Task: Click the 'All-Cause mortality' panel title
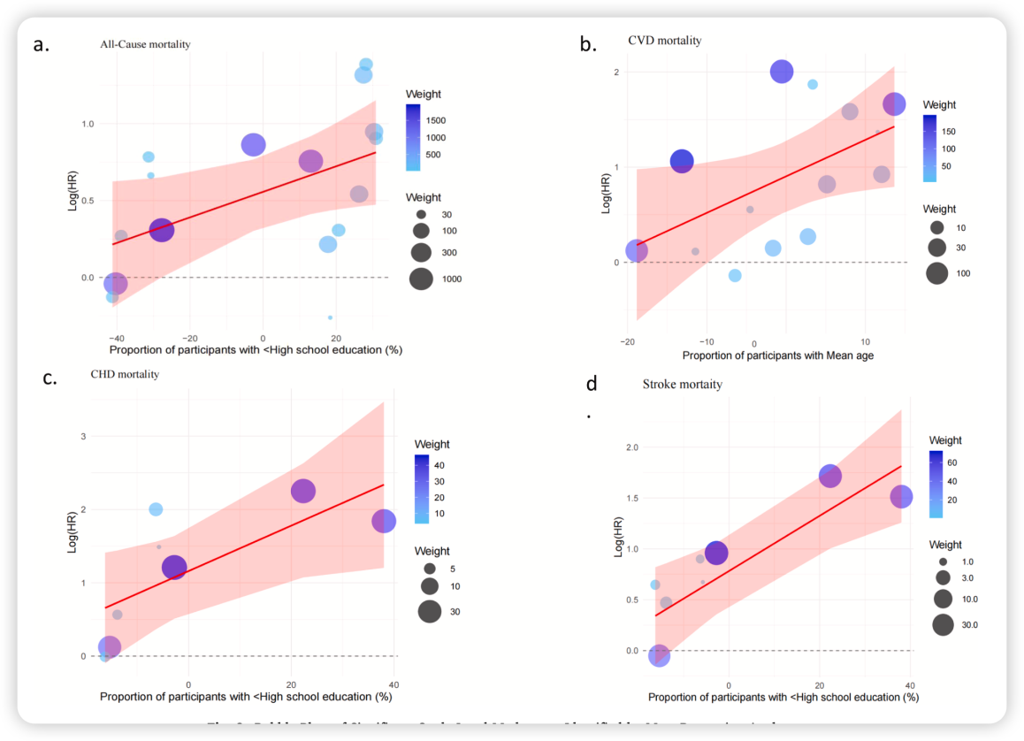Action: (145, 44)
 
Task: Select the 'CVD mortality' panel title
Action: (664, 40)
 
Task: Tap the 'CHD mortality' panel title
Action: (125, 374)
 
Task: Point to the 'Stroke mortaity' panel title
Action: (682, 384)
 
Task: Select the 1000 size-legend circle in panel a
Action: (421, 279)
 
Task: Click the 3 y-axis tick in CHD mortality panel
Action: (83, 436)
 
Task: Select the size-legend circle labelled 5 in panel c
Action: (430, 569)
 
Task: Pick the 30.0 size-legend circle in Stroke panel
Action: (943, 625)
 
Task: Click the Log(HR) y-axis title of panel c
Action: (73, 531)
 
